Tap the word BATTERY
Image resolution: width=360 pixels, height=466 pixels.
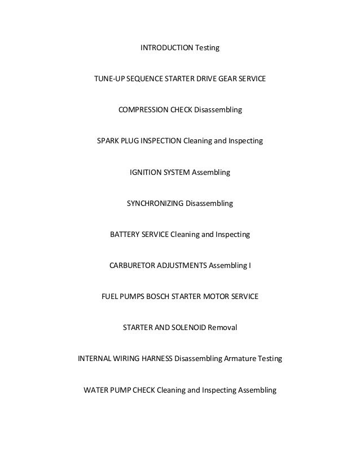coord(126,233)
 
